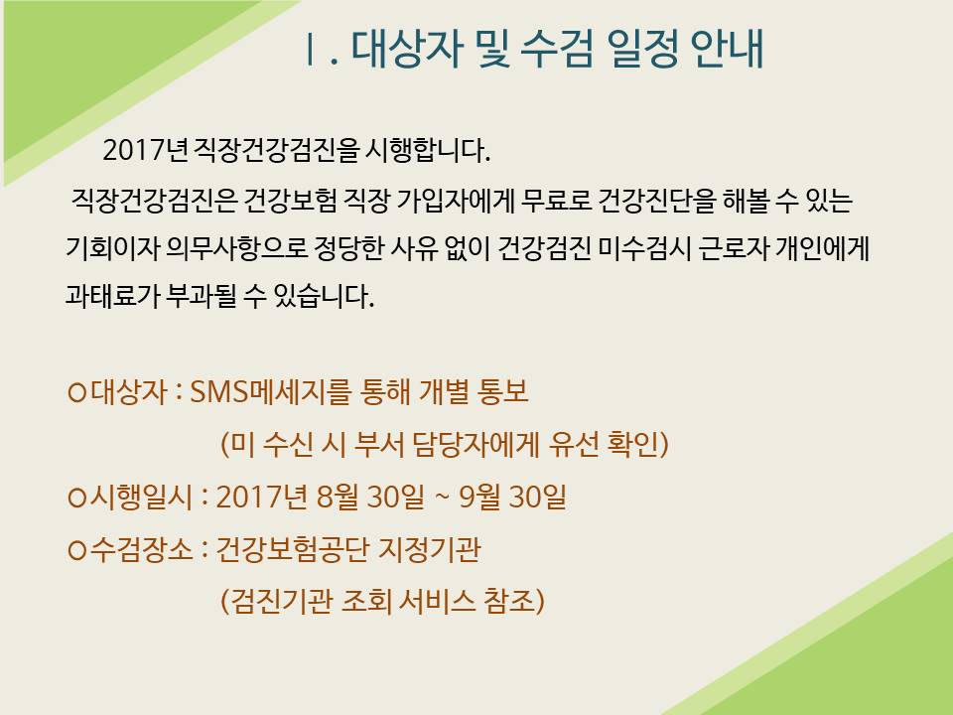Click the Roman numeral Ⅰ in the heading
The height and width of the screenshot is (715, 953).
[311, 50]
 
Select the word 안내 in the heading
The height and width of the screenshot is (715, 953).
[727, 49]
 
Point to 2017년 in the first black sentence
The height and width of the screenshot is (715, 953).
[145, 150]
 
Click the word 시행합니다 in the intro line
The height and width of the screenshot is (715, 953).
[427, 150]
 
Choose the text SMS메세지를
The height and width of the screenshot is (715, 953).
[270, 392]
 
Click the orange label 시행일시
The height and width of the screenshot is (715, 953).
[140, 498]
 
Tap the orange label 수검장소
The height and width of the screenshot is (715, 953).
[140, 550]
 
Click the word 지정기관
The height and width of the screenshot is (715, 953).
[429, 550]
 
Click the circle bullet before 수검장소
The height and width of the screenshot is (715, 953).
[77, 551]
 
